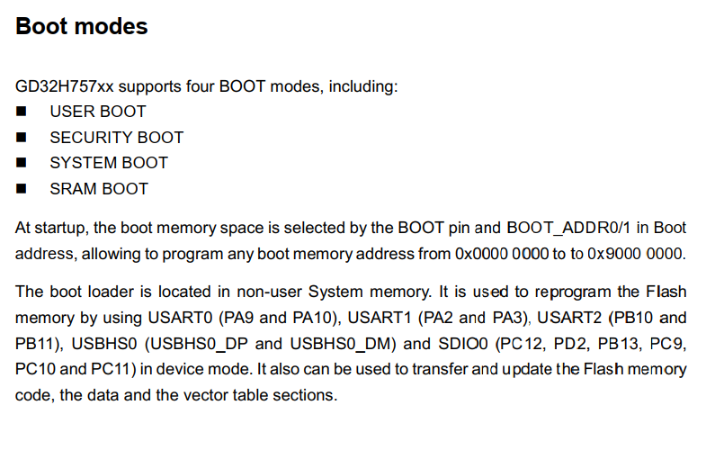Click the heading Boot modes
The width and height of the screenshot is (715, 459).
[x=82, y=26]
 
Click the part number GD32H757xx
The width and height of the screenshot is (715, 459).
[x=64, y=86]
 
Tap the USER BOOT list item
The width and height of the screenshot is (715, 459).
[x=98, y=112]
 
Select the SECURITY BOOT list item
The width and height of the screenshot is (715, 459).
[x=117, y=138]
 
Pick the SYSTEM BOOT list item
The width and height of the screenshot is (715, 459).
[x=109, y=163]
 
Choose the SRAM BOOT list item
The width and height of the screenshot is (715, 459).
[x=99, y=189]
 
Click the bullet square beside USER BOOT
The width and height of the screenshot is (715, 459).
[x=21, y=112]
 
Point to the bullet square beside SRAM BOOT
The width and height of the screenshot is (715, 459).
[x=21, y=188]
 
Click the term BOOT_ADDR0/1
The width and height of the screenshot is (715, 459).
[x=568, y=228]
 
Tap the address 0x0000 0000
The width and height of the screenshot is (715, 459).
[x=502, y=254]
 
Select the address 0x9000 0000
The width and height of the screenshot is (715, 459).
[x=636, y=254]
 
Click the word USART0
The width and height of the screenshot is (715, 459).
[x=180, y=318]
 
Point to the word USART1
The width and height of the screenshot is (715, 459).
[x=380, y=318]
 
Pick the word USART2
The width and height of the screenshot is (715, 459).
[x=569, y=318]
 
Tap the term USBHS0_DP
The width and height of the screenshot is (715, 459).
[x=200, y=344]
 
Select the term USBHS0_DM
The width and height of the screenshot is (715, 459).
[x=340, y=344]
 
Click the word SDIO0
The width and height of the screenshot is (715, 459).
[x=463, y=344]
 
